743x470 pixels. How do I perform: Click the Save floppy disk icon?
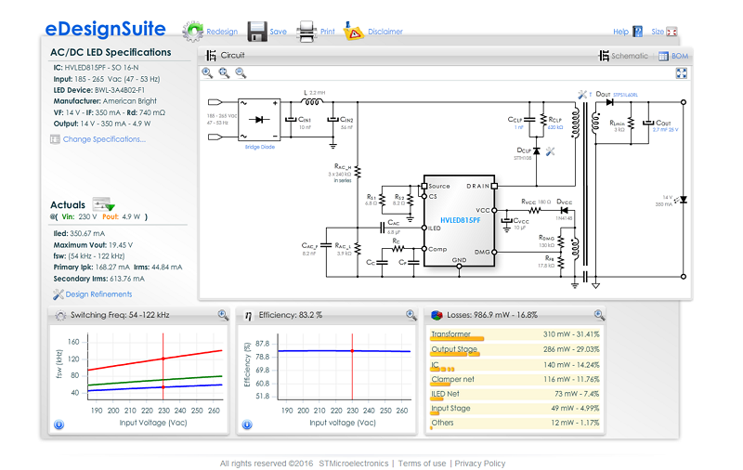click(257, 31)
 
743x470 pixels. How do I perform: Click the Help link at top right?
click(620, 32)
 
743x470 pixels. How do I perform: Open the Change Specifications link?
click(103, 139)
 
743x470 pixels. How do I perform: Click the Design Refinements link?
click(98, 294)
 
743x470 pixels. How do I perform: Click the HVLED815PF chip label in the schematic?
click(460, 221)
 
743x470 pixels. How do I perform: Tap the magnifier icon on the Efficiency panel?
click(411, 315)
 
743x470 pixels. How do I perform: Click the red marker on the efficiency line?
click(352, 350)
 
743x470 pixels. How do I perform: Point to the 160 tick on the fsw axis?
click(73, 342)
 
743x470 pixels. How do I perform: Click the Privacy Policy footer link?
click(479, 463)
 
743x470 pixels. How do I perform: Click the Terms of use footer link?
click(422, 463)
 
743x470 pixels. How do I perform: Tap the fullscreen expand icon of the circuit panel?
click(681, 72)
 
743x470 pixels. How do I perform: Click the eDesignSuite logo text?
click(106, 30)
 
